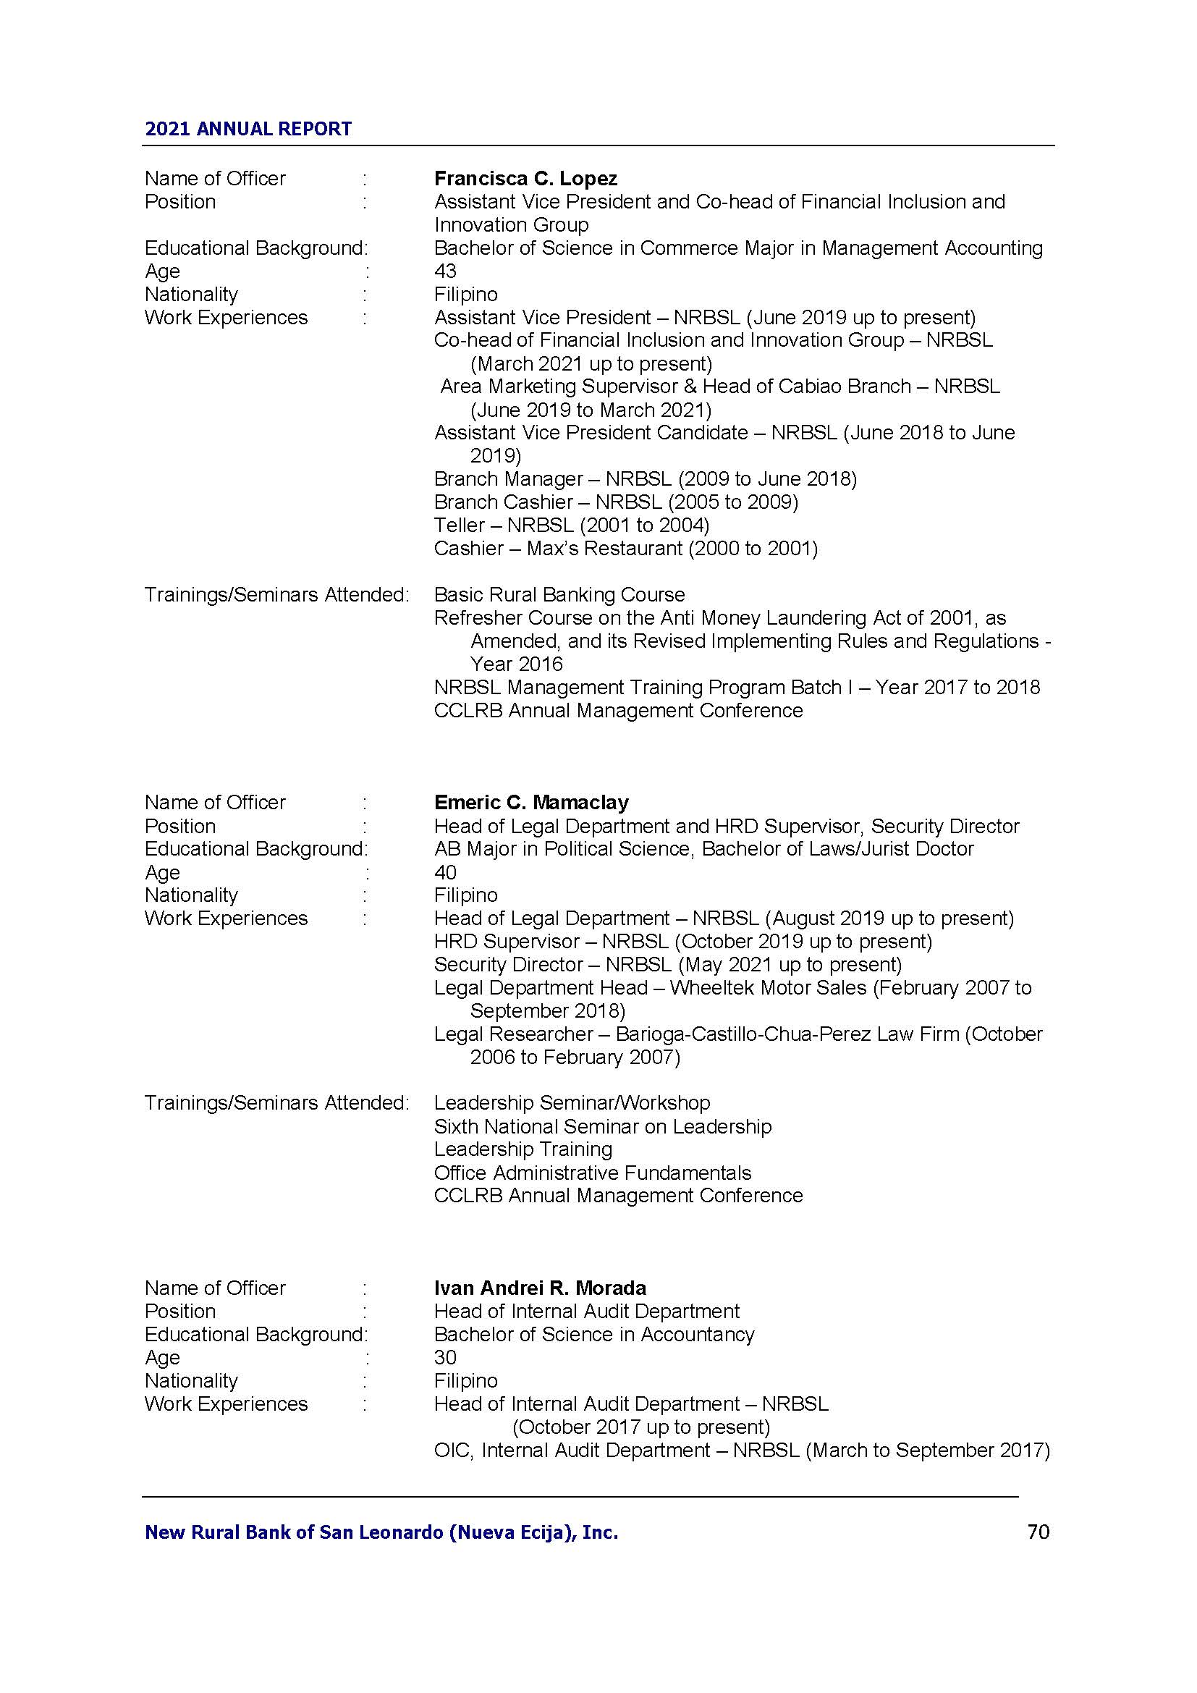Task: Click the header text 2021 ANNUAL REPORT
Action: (x=248, y=129)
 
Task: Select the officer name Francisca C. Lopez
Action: (x=525, y=179)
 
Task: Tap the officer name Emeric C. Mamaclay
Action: (x=530, y=802)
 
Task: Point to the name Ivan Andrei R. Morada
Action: (x=540, y=1288)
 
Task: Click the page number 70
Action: (x=1038, y=1532)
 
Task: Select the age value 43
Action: (x=445, y=271)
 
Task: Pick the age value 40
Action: (x=445, y=872)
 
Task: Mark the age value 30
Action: (x=445, y=1357)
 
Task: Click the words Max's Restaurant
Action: (x=604, y=549)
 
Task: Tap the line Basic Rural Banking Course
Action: (x=559, y=595)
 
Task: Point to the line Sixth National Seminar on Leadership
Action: (x=602, y=1127)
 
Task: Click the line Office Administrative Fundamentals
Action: (x=592, y=1173)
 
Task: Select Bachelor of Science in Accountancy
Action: (x=593, y=1335)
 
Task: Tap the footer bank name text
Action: (x=381, y=1533)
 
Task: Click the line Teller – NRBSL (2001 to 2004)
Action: (x=571, y=525)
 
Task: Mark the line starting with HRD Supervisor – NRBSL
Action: (x=682, y=942)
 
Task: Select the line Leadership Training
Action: (x=523, y=1149)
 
